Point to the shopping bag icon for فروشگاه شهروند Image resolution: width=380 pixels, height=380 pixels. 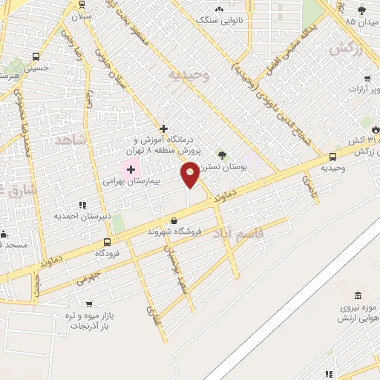point(174,220)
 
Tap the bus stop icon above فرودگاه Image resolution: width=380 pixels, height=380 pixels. point(107,242)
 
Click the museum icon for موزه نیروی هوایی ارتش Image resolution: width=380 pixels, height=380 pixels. point(358,295)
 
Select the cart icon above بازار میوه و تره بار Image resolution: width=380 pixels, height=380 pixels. point(89,304)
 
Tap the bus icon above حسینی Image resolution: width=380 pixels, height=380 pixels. point(36,56)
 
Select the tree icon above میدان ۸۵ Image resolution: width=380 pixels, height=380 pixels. point(361,10)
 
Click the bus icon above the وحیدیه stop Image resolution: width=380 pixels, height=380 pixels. point(332,157)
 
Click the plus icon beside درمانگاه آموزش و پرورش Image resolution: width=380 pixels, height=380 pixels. point(163,128)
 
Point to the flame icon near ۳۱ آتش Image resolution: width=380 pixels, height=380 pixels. point(376,128)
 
